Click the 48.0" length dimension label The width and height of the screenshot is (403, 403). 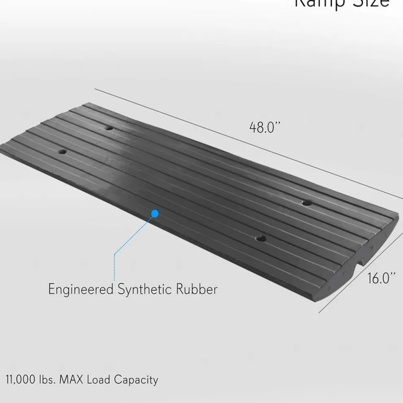pos(265,128)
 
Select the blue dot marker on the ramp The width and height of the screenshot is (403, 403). pos(155,213)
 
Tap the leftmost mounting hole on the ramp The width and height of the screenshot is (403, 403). pos(62,152)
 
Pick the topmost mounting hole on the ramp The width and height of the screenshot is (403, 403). pos(108,128)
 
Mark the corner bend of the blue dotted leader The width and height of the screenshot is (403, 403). pos(115,254)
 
